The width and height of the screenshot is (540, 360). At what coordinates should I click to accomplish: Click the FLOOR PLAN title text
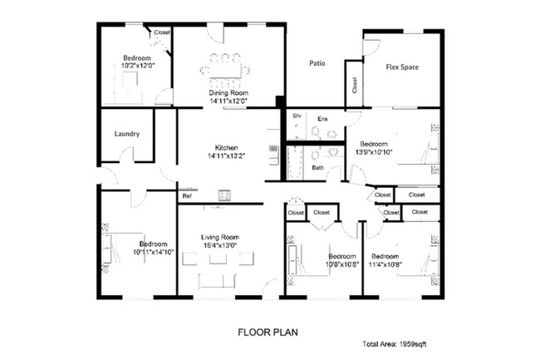pos(268,331)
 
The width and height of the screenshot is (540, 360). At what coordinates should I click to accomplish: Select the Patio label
pos(317,63)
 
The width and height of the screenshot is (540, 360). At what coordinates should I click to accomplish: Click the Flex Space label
pos(402,67)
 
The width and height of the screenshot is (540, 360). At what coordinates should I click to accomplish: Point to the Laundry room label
pos(126,134)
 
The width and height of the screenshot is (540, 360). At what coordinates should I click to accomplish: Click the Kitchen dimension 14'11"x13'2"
pos(228,155)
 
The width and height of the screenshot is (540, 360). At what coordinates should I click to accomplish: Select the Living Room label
pos(220,237)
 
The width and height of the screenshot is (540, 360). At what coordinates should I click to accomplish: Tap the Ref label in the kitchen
pos(187,196)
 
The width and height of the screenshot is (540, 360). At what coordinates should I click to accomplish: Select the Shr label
pos(297,116)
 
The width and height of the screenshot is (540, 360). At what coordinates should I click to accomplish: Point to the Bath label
pos(318,168)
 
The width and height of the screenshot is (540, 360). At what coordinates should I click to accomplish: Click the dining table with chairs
pos(229,70)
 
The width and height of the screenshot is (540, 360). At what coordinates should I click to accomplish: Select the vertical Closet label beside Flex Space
pos(355,85)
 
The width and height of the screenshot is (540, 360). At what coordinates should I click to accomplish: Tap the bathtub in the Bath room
pos(292,162)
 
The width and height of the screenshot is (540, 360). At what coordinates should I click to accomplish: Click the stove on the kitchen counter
pos(224,195)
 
